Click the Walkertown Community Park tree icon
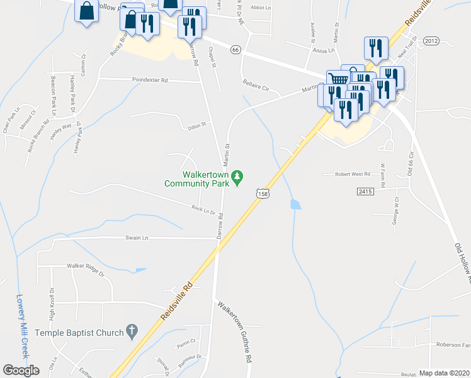tap(238, 178)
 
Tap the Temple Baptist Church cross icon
tap(132, 330)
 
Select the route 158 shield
tap(263, 194)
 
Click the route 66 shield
tap(235, 50)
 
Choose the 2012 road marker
tap(431, 41)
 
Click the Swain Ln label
tap(137, 238)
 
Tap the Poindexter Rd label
tap(150, 81)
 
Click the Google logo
tap(21, 370)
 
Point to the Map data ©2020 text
tap(445, 373)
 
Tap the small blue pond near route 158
tap(295, 204)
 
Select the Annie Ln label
tap(322, 50)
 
